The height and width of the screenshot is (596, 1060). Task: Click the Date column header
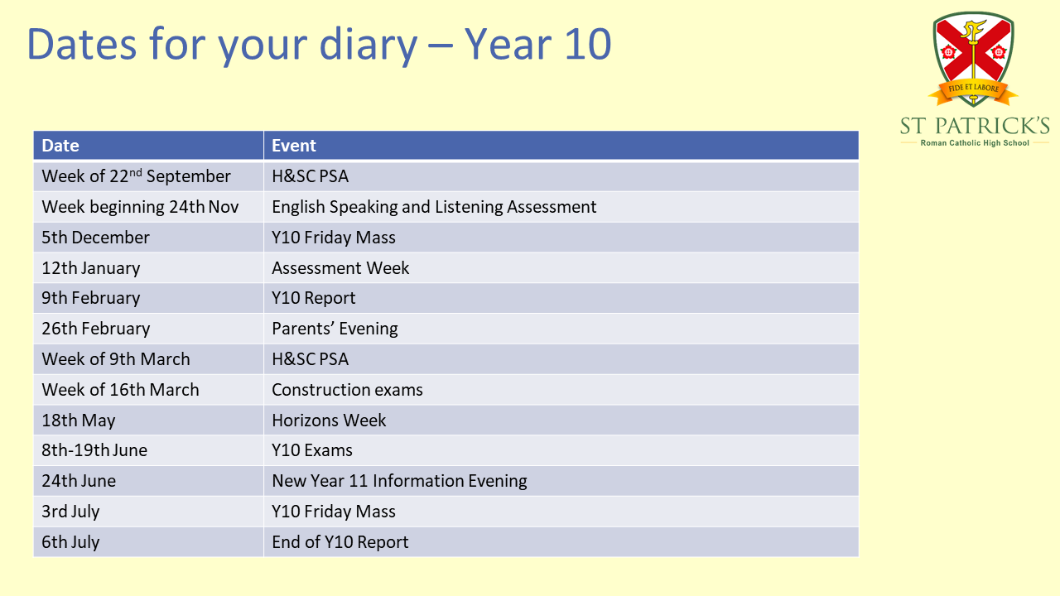coord(60,146)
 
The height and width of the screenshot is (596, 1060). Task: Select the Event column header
coord(293,146)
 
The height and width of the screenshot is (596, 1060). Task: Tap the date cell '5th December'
coord(95,238)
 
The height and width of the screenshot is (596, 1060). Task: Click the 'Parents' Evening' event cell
coord(335,329)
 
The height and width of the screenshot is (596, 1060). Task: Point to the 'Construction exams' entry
coord(347,390)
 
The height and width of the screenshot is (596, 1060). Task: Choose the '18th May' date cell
coord(79,421)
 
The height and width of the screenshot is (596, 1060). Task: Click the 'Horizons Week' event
coord(329,421)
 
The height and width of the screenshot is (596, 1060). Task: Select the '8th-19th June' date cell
coord(94,450)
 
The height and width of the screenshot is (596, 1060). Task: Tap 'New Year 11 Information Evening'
coord(399,481)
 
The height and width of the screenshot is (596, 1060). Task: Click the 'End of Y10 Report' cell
coord(340,542)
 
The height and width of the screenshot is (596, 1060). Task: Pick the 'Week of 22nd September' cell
coord(137,176)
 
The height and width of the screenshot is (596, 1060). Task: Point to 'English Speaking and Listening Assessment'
coord(434,207)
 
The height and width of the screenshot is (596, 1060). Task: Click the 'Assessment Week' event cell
coord(340,268)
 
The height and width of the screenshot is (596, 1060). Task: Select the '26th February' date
coord(95,329)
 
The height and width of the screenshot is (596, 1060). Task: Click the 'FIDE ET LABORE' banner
coord(973,90)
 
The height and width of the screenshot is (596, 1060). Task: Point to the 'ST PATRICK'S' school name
coord(975,126)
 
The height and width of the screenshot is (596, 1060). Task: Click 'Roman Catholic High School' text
coord(975,143)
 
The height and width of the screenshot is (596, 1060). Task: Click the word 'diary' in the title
coord(369,46)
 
